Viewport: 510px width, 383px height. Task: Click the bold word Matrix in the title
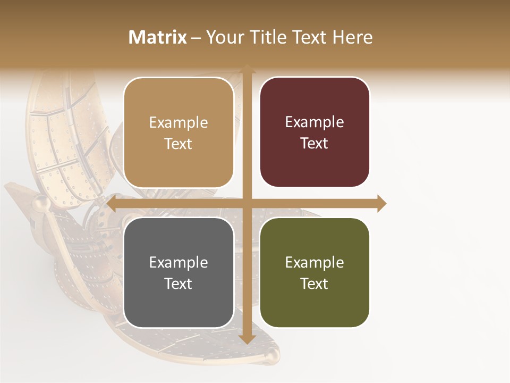(158, 37)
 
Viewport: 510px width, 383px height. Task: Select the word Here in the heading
(353, 37)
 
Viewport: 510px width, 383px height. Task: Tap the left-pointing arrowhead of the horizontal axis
(112, 203)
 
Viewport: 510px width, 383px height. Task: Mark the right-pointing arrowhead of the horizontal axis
(381, 203)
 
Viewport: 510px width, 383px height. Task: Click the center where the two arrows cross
(246, 203)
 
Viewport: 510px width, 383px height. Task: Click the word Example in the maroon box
(314, 122)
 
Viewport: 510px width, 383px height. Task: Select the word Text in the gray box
(178, 284)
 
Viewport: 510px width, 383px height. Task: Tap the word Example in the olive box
(314, 262)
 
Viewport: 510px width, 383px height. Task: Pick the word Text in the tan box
(178, 144)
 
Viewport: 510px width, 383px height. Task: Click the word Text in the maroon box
(314, 143)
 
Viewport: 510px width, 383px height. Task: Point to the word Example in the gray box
(178, 262)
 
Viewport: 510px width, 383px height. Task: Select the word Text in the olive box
(314, 284)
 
